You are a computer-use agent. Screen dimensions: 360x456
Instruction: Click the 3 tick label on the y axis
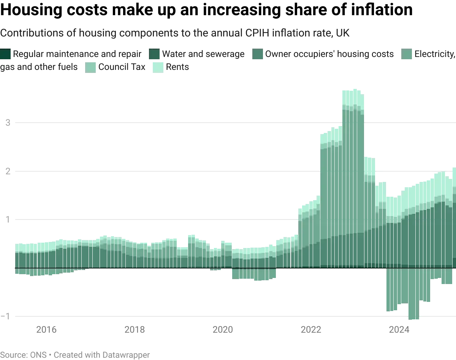6,123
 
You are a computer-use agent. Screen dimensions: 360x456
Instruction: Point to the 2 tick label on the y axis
6,172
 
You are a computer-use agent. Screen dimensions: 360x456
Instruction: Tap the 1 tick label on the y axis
6,220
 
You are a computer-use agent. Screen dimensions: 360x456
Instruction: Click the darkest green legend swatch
6,54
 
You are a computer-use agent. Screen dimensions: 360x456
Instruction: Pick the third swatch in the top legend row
258,54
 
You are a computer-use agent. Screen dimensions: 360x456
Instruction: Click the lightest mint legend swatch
158,67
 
